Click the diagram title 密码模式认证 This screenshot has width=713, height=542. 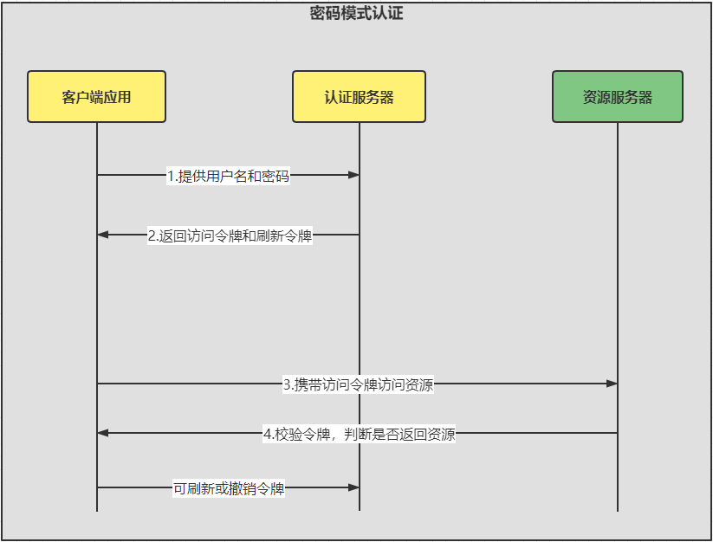(x=357, y=13)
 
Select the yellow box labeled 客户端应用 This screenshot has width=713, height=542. (x=96, y=96)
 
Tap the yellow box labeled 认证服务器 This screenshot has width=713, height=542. (x=359, y=96)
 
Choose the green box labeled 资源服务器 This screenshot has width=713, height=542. (x=618, y=96)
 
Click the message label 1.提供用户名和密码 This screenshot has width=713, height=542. (x=228, y=176)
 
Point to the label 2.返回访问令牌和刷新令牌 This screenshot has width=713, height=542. (x=230, y=236)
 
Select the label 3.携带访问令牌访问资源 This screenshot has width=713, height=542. (x=359, y=384)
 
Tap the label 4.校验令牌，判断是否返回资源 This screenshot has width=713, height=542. (x=360, y=435)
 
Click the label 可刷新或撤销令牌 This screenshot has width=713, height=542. (x=229, y=488)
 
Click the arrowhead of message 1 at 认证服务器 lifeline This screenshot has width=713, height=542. (x=353, y=175)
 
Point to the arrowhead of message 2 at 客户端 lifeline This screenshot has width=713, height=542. (x=103, y=235)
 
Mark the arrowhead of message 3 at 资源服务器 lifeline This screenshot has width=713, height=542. (x=612, y=384)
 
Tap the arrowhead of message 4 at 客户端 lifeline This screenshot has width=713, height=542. (x=103, y=433)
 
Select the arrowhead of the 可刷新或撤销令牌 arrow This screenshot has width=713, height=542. (x=353, y=487)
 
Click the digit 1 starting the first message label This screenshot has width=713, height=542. (x=171, y=176)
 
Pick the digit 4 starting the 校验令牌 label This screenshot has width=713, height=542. (x=268, y=435)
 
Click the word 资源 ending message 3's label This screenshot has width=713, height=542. (x=419, y=384)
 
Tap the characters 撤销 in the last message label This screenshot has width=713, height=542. (x=243, y=488)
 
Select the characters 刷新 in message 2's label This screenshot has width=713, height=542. (x=270, y=236)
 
